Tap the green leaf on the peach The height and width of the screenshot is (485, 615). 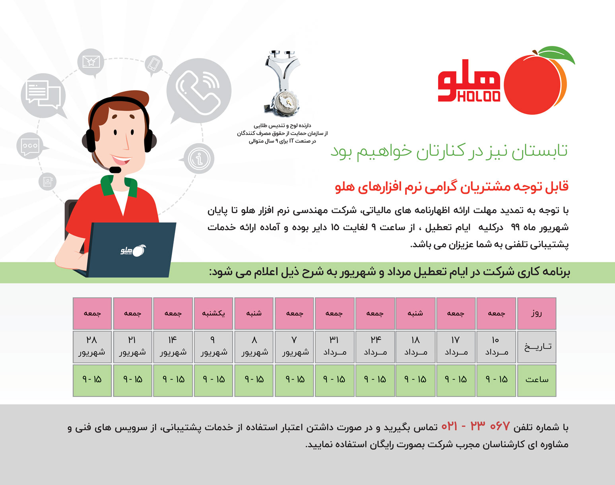pos(557,54)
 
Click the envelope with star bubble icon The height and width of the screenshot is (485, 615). pos(91,62)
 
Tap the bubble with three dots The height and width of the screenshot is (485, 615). pos(31,146)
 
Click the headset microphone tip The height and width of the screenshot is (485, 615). pos(115,170)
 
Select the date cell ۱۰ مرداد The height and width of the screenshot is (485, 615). pos(496,347)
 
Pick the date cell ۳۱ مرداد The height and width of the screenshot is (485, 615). pos(334,347)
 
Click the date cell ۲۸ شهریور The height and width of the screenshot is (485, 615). pos(92,347)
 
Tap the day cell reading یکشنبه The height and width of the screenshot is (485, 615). pos(213,314)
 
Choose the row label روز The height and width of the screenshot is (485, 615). pos(537,314)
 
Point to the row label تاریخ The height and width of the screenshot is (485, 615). pos(537,347)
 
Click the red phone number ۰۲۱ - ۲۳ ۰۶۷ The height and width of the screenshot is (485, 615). pos(476,427)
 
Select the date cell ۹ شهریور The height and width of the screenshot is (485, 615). pos(213,347)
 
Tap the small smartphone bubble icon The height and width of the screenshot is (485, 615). pos(154,64)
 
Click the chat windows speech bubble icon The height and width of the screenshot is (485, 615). pos(43,95)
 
